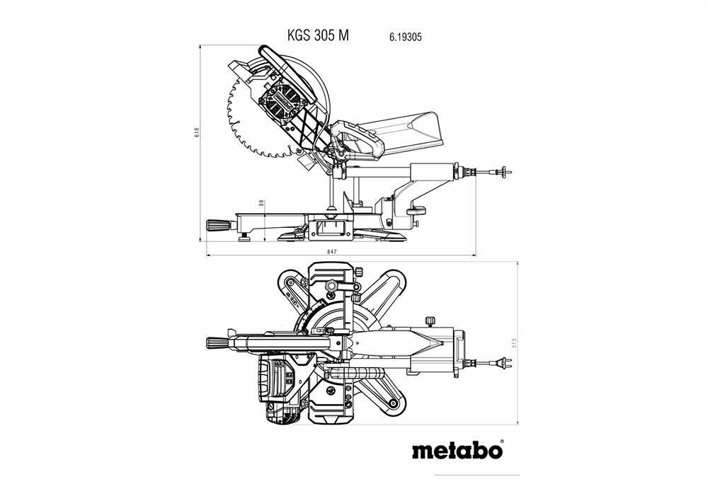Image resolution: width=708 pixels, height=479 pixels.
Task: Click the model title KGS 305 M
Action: click(x=318, y=35)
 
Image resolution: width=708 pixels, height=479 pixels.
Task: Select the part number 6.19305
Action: click(x=406, y=37)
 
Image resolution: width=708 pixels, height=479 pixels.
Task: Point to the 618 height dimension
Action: click(x=196, y=132)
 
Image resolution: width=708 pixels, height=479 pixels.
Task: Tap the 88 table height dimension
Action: click(x=261, y=203)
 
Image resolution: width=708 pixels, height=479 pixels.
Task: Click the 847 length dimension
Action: click(x=332, y=252)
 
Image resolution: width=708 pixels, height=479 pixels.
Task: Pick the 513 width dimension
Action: click(x=514, y=343)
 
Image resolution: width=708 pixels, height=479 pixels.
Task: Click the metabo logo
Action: click(x=457, y=450)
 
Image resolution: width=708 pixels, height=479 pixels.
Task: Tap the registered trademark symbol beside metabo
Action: click(x=502, y=442)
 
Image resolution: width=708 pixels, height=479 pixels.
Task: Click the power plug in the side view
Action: click(x=503, y=172)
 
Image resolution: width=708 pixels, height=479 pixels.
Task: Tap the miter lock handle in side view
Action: click(x=219, y=225)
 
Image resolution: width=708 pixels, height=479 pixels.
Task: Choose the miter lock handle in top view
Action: click(x=219, y=342)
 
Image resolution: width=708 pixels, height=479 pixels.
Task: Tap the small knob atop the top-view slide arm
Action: click(x=430, y=321)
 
